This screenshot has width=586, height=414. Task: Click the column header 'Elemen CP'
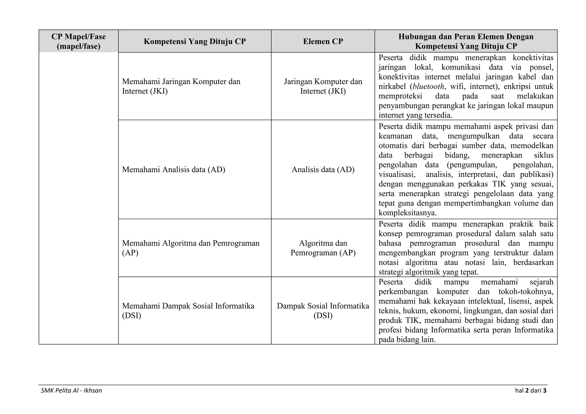pos(323,41)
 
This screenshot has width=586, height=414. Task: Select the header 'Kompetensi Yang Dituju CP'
pos(195,41)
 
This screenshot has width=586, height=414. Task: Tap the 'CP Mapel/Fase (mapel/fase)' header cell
pos(78,41)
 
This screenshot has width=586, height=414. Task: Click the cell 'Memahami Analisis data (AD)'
pos(173,170)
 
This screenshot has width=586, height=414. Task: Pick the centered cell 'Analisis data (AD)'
pos(323,170)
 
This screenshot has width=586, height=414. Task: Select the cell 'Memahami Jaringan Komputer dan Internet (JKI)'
pos(181,86)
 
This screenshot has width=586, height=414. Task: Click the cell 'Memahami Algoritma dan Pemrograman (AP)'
pos(191,248)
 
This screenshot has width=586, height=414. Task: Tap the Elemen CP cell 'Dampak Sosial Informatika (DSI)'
pos(323,310)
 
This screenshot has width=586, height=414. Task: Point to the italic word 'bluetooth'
pos(428,86)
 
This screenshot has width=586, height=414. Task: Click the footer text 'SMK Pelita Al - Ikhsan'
pos(71,390)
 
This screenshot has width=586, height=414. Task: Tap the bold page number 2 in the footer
pos(527,390)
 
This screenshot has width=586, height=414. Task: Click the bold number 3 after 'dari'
pos(545,390)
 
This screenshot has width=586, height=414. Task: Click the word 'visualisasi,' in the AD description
pos(397,174)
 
